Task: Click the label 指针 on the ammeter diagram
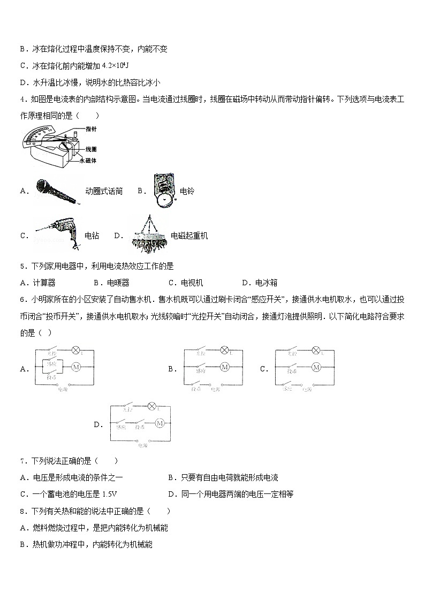90,129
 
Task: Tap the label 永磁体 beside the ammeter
87,160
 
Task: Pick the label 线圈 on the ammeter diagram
90,149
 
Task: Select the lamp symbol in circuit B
224,351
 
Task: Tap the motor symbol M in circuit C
316,367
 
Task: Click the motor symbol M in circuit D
159,423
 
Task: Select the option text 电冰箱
266,283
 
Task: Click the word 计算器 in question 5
44,283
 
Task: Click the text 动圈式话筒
103,191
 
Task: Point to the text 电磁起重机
189,235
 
